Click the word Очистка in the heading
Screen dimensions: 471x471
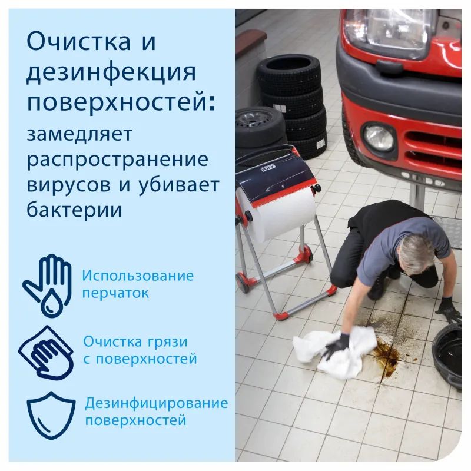[80, 42]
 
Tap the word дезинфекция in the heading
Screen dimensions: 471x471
[111, 72]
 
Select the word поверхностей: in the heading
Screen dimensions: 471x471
[121, 103]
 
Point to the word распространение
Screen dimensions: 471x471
[118, 160]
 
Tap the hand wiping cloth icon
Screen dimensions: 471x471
[47, 350]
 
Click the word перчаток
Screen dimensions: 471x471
[115, 293]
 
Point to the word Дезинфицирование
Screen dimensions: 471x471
[156, 403]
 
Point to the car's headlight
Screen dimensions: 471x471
[389, 29]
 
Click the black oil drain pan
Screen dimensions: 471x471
[451, 353]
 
